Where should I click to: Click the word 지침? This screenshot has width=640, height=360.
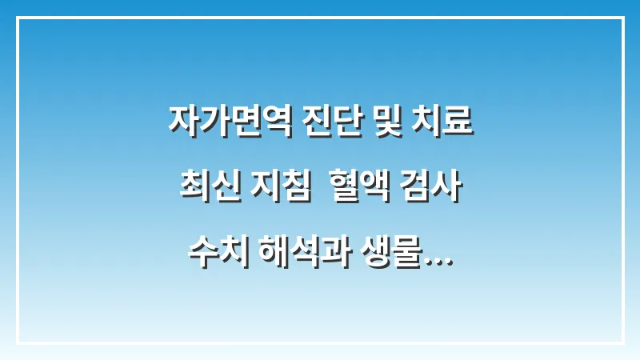tap(278, 190)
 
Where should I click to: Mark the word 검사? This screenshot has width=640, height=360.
tap(434, 190)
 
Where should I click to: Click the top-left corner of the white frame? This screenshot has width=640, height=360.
tap(18, 18)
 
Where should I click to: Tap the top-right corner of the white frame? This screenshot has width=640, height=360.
tap(622, 18)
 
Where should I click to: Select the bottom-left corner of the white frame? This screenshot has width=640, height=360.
tap(18, 342)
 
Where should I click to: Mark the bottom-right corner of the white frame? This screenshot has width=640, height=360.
tap(622, 342)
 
